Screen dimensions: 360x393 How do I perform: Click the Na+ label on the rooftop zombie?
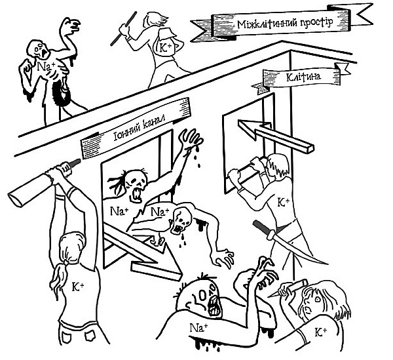pyautogui.click(x=44, y=66)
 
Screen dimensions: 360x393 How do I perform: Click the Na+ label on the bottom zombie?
pyautogui.click(x=198, y=326)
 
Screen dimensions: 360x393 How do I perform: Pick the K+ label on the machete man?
pyautogui.click(x=284, y=202)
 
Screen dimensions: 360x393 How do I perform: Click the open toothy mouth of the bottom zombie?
pyautogui.click(x=215, y=302)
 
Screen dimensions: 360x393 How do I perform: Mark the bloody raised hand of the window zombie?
pyautogui.click(x=191, y=140)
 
